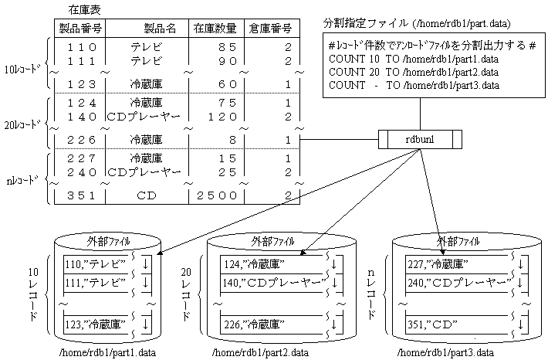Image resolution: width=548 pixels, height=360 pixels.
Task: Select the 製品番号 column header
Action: coord(82,29)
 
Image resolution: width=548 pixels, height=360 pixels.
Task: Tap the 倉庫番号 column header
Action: coord(270,29)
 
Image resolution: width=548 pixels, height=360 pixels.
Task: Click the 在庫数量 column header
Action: coord(215,29)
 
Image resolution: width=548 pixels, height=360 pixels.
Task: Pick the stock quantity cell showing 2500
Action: coord(215,195)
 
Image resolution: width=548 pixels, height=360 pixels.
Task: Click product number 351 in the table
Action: coord(81,195)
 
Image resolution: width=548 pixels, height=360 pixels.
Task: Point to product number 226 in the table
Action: coord(81,140)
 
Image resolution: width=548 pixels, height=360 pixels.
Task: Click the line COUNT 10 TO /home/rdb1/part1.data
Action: coord(413,59)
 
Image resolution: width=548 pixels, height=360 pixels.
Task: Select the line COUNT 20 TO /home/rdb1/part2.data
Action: coord(413,72)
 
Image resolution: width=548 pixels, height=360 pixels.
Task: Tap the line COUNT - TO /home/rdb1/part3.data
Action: coord(413,85)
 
